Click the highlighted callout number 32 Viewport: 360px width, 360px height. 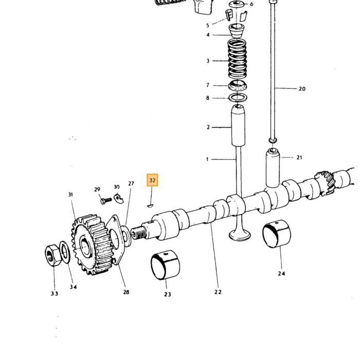click(x=152, y=180)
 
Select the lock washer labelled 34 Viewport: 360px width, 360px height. click(x=65, y=252)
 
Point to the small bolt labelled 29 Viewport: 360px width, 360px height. click(x=106, y=201)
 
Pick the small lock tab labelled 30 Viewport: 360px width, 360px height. click(x=119, y=199)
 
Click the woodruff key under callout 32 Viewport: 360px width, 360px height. click(x=150, y=206)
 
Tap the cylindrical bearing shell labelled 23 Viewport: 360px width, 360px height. click(x=165, y=265)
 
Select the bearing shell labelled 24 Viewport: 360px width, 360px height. click(x=277, y=234)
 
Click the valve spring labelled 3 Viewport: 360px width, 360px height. click(x=238, y=59)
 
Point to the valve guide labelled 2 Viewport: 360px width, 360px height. click(x=238, y=125)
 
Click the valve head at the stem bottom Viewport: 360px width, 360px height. click(x=240, y=236)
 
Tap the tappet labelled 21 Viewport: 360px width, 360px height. click(x=273, y=168)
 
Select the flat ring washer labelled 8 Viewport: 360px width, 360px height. click(x=238, y=98)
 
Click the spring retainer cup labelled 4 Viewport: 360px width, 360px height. click(x=237, y=30)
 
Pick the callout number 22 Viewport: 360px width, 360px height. click(x=218, y=292)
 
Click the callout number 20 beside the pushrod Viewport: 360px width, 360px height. click(x=302, y=89)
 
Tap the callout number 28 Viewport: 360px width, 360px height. click(x=126, y=292)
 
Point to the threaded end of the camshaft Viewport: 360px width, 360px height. click(x=138, y=233)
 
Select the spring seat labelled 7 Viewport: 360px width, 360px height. click(x=238, y=85)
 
